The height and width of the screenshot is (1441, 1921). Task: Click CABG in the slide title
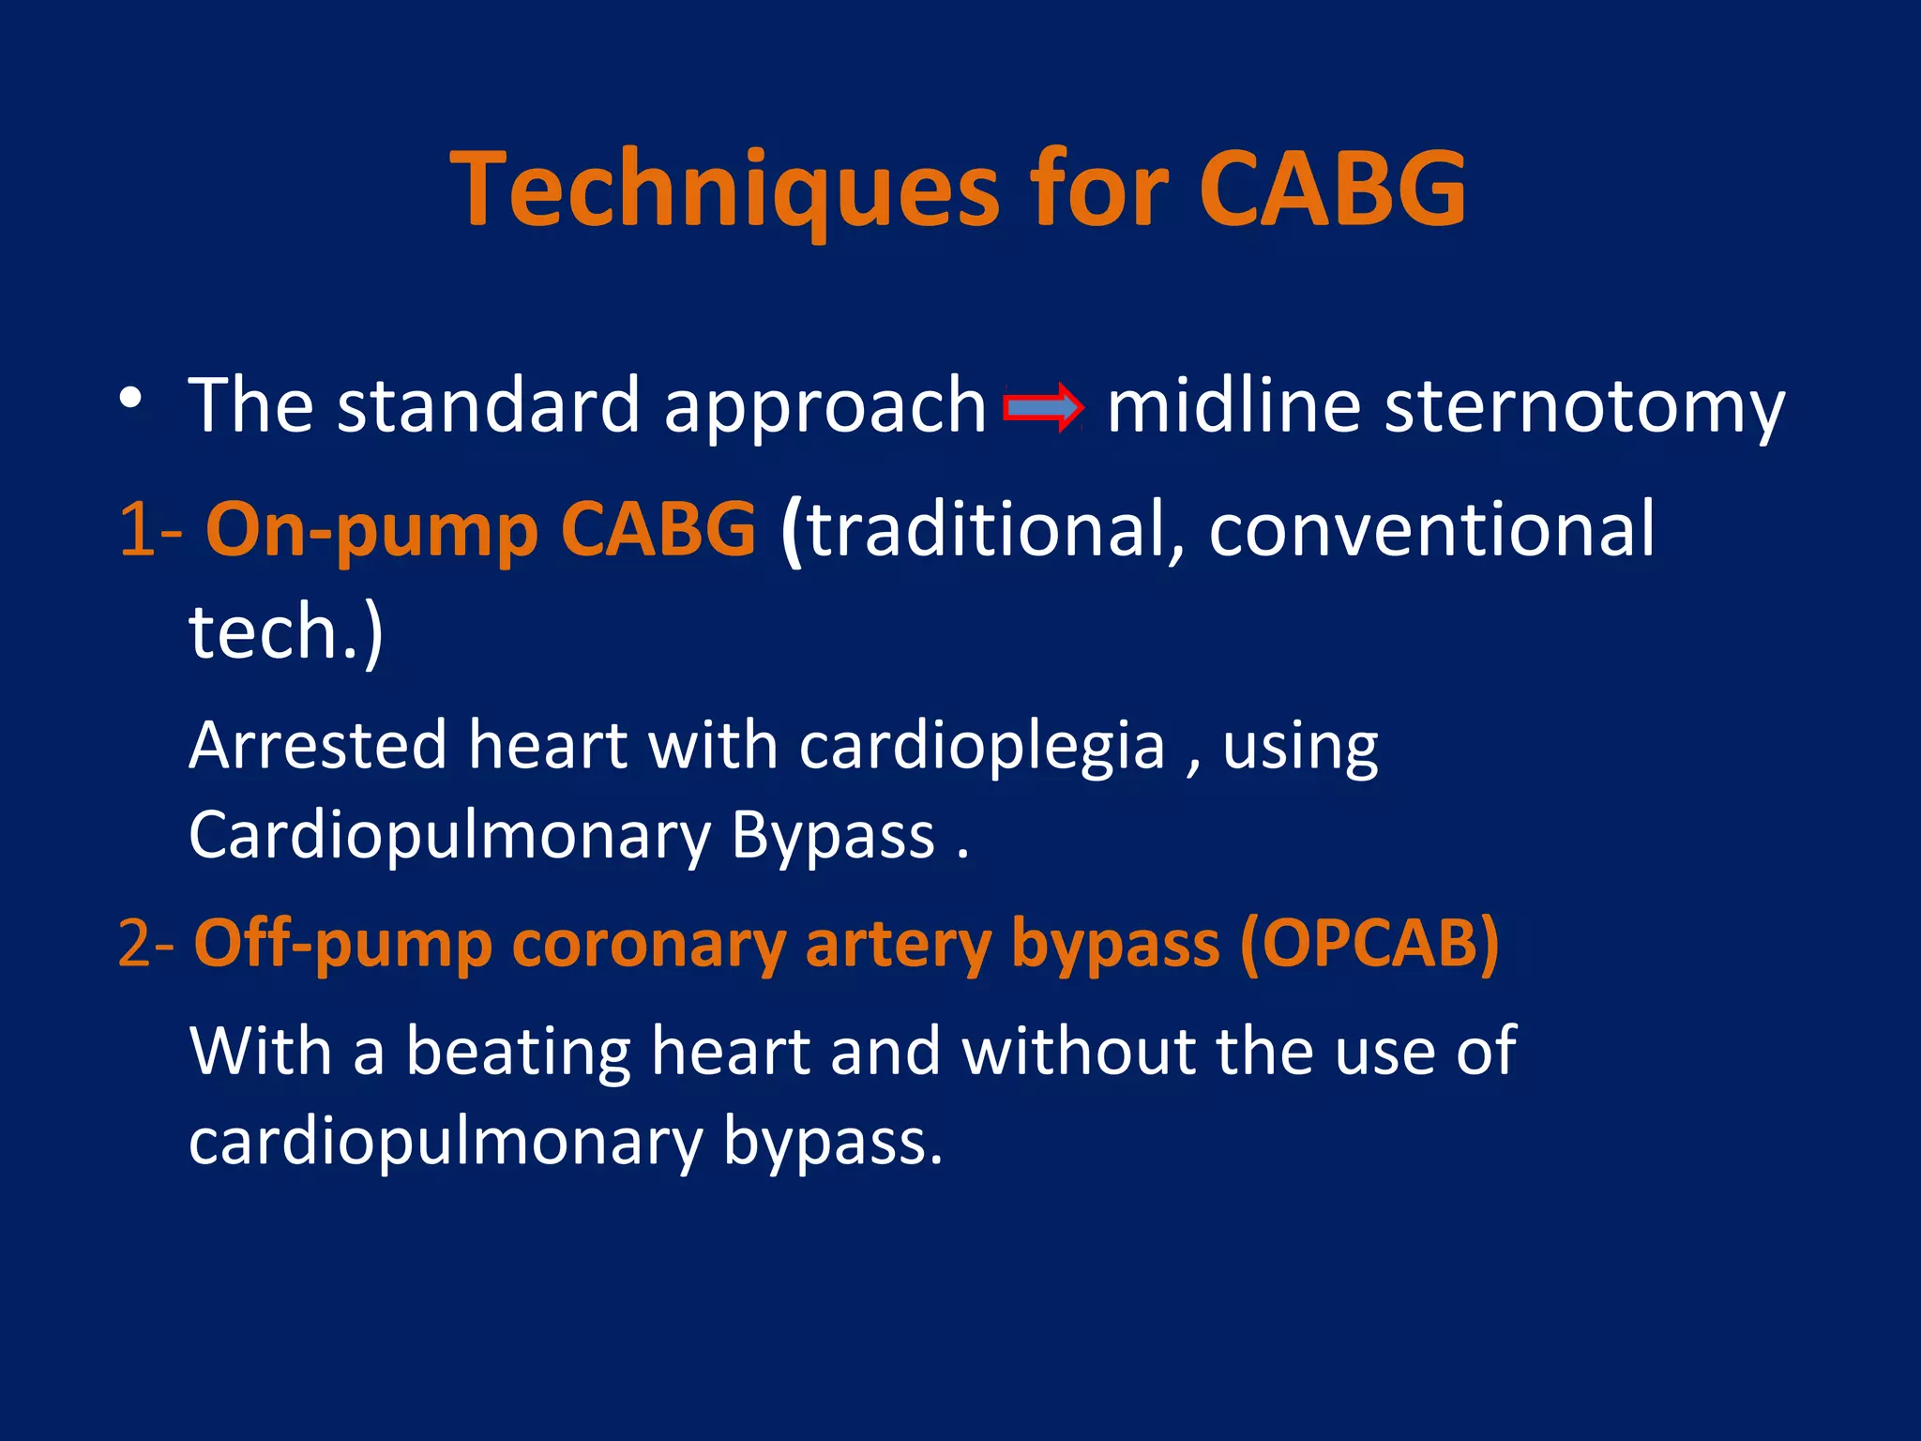pyautogui.click(x=1332, y=190)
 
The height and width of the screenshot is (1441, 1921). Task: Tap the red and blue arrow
pyautogui.click(x=1043, y=407)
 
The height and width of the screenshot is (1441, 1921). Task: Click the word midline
pyautogui.click(x=1233, y=405)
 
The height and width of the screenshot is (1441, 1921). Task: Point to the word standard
pyautogui.click(x=488, y=405)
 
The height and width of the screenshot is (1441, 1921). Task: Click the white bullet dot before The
pyautogui.click(x=131, y=398)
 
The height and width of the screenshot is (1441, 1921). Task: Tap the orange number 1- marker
pyautogui.click(x=150, y=530)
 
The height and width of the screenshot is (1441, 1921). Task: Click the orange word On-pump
pyautogui.click(x=371, y=530)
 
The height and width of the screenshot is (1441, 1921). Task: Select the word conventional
pyautogui.click(x=1431, y=530)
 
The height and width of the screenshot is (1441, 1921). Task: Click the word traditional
pyautogui.click(x=985, y=530)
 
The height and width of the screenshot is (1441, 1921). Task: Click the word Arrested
pyautogui.click(x=318, y=746)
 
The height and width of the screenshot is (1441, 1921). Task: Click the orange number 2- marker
pyautogui.click(x=145, y=944)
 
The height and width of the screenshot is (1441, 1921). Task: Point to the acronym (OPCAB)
pyautogui.click(x=1369, y=944)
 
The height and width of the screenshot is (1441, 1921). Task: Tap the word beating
pyautogui.click(x=518, y=1052)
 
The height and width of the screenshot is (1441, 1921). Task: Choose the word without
pyautogui.click(x=1079, y=1050)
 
